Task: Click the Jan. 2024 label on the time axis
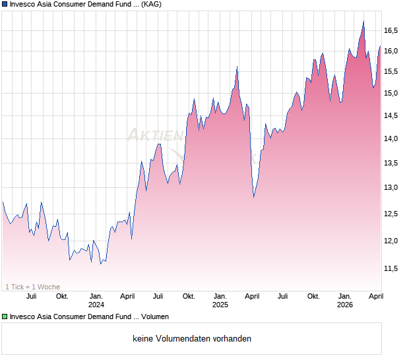[96, 300]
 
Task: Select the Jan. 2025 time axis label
[220, 300]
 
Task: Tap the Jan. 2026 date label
[344, 300]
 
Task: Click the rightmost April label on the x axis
[375, 296]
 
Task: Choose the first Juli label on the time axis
[31, 296]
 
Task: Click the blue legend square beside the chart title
[5, 4]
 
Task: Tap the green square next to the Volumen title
[5, 316]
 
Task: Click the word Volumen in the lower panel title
[154, 316]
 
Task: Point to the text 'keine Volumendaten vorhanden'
[192, 339]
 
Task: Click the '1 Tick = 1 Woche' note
[33, 286]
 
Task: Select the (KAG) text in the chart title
[152, 4]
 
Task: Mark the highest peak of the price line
[363, 21]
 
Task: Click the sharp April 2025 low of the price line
[254, 196]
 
